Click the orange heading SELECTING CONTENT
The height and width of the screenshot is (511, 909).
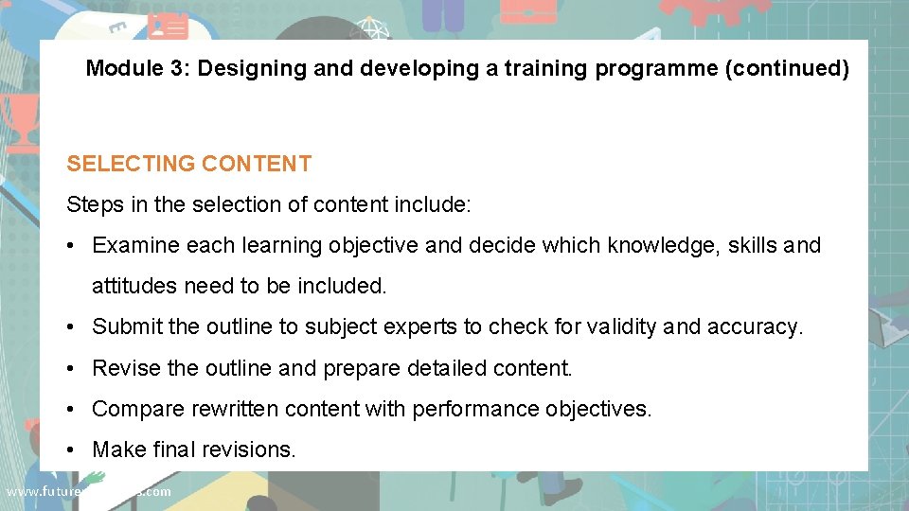pyautogui.click(x=188, y=164)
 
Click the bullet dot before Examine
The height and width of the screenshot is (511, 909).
pyautogui.click(x=72, y=246)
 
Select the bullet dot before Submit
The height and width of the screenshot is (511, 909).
pyautogui.click(x=72, y=327)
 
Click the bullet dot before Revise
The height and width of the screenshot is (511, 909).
pyautogui.click(x=72, y=368)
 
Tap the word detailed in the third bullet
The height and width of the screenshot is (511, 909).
pyautogui.click(x=448, y=368)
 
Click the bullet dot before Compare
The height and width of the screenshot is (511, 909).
pyautogui.click(x=72, y=409)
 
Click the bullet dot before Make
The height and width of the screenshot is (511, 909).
pyautogui.click(x=72, y=449)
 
